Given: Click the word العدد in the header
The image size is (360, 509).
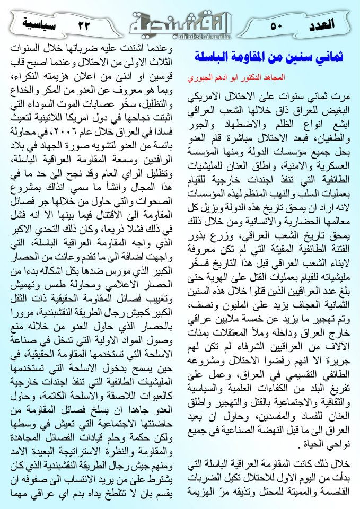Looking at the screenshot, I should coord(321,24).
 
